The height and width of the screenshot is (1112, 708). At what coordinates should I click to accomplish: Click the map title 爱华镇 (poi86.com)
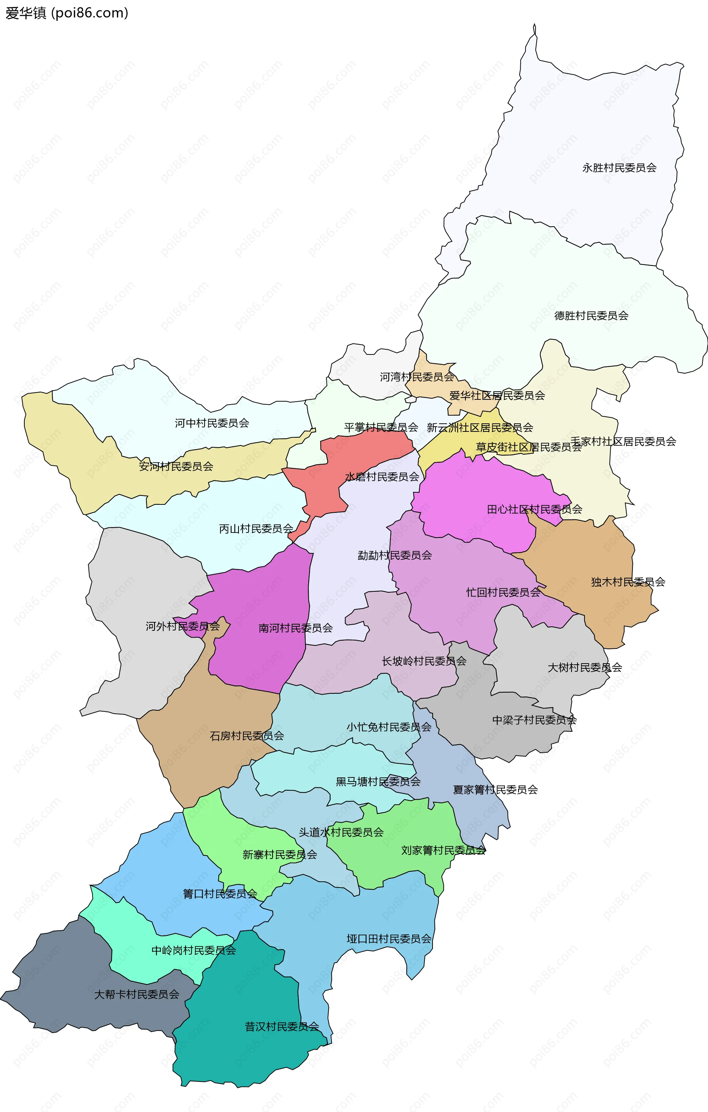click(66, 13)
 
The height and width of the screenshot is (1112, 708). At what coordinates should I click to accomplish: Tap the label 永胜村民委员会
click(619, 168)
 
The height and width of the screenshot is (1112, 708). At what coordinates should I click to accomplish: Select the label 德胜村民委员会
click(591, 315)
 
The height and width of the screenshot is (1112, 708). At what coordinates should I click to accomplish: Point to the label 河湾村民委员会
click(417, 377)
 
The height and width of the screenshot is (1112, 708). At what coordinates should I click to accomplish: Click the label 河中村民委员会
click(212, 423)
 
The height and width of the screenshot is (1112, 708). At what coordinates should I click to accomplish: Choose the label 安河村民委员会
click(176, 466)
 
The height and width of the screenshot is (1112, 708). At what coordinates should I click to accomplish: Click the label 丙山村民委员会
click(256, 528)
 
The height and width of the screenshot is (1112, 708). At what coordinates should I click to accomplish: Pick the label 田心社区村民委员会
click(534, 509)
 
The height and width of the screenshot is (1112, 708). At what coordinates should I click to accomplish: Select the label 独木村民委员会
click(628, 582)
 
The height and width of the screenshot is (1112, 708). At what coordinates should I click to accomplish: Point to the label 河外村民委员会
click(183, 626)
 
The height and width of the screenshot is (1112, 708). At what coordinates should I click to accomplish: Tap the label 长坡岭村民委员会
click(424, 661)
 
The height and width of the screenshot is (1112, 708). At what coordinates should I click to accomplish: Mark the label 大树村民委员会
click(584, 667)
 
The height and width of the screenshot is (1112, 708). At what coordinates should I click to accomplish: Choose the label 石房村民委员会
click(247, 736)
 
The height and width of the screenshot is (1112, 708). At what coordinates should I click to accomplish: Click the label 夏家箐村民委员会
click(495, 790)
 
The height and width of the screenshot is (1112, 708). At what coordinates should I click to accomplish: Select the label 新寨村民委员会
click(280, 855)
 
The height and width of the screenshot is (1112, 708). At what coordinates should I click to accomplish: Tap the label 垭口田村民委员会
click(389, 939)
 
